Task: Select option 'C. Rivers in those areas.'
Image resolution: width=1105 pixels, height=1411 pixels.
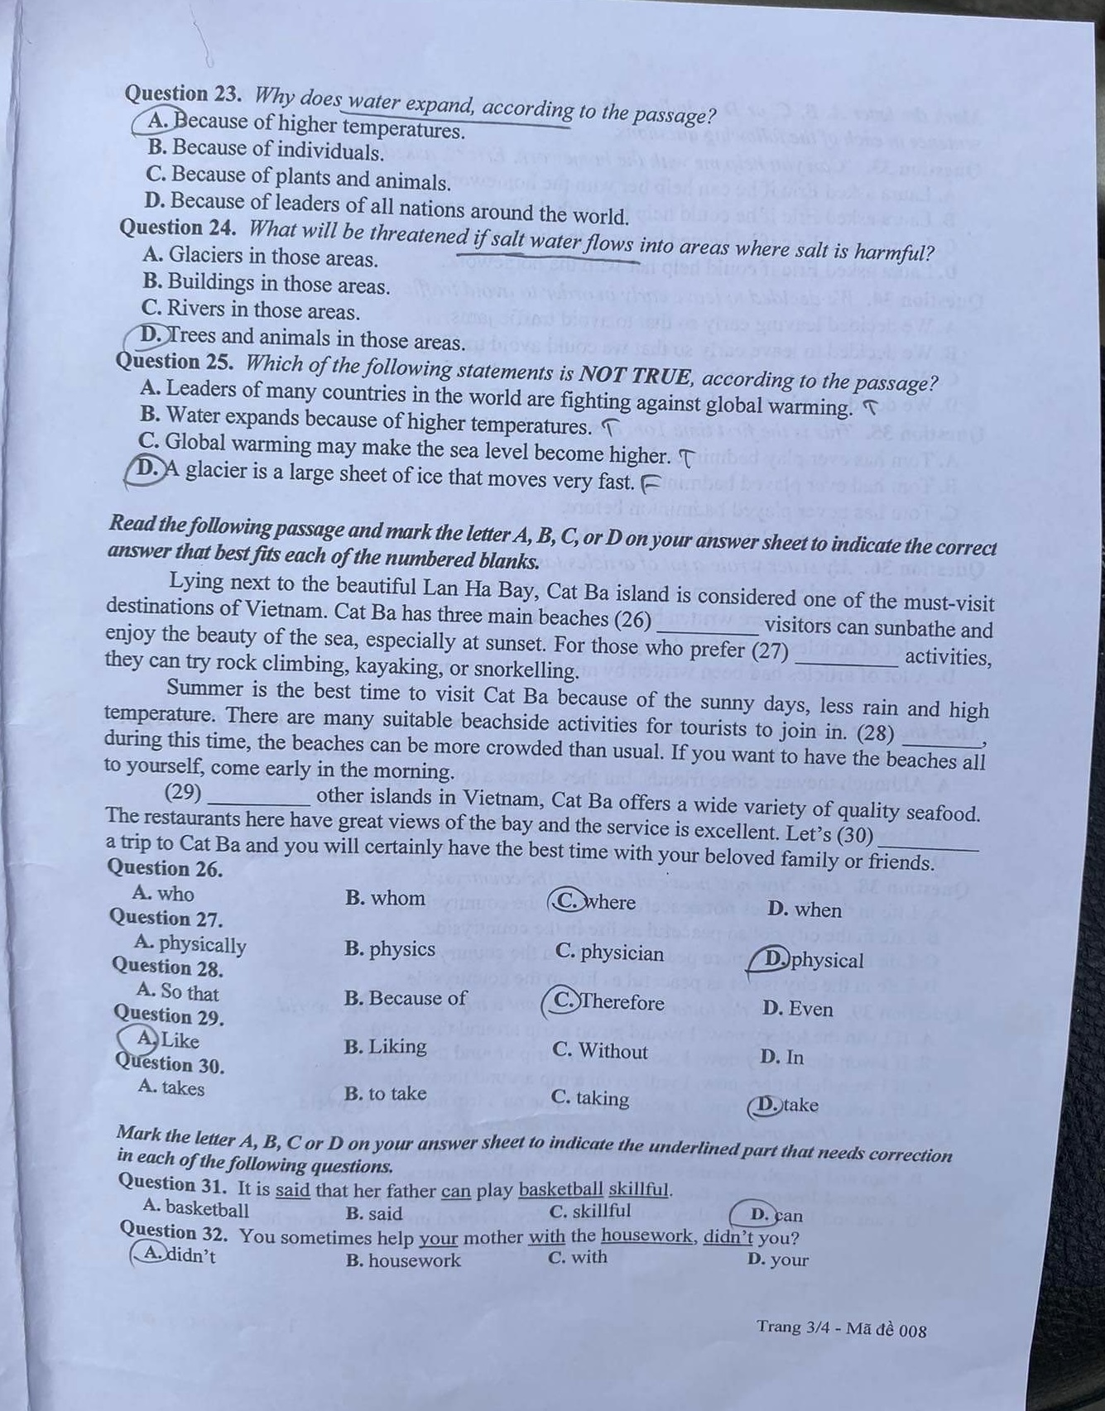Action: [251, 310]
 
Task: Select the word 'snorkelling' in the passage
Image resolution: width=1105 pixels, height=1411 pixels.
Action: [526, 669]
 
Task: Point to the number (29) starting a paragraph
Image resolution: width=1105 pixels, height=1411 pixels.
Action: [184, 793]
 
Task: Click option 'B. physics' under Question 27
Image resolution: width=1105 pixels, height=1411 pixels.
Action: [390, 949]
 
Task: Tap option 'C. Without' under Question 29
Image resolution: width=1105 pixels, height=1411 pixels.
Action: [600, 1051]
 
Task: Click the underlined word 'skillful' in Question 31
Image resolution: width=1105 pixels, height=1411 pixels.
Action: [637, 1190]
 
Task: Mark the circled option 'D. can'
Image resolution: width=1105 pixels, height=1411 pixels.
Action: [774, 1215]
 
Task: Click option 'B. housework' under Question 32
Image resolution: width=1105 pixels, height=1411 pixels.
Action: [403, 1260]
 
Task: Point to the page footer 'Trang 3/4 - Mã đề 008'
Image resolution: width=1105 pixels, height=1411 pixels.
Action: [841, 1328]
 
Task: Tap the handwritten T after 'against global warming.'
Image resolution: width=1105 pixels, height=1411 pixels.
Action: [869, 406]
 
